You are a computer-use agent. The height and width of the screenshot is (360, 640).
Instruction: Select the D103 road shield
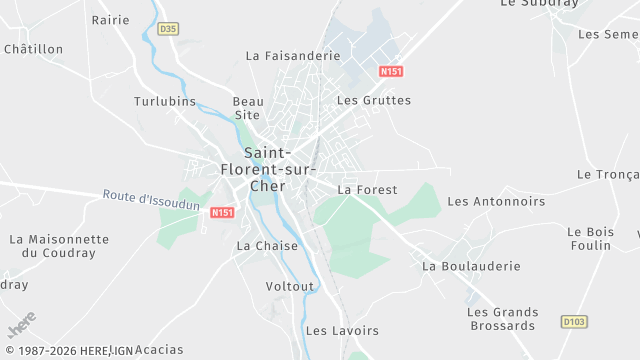[573, 322]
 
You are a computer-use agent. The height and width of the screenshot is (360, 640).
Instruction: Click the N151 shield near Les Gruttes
[391, 71]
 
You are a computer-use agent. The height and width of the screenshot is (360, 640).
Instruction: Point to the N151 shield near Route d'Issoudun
[222, 212]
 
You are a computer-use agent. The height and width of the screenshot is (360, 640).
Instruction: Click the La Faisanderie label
[293, 56]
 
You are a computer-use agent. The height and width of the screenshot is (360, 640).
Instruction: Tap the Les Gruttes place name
[374, 100]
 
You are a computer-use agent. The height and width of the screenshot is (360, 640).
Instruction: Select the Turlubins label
[165, 101]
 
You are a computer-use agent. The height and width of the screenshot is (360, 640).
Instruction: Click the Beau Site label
[248, 108]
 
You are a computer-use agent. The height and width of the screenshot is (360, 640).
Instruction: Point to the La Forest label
[367, 189]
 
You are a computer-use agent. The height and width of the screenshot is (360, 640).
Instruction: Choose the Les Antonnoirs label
[496, 201]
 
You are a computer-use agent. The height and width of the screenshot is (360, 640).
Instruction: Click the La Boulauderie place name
[472, 266]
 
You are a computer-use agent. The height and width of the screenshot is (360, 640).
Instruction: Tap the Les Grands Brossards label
[502, 319]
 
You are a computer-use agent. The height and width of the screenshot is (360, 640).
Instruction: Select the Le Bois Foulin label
[589, 238]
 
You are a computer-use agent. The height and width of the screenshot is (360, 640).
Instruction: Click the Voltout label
[290, 286]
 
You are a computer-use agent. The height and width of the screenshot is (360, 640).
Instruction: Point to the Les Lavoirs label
[342, 330]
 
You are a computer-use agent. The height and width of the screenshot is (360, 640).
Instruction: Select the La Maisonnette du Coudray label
[59, 246]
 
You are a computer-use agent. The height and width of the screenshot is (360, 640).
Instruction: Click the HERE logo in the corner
[22, 325]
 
